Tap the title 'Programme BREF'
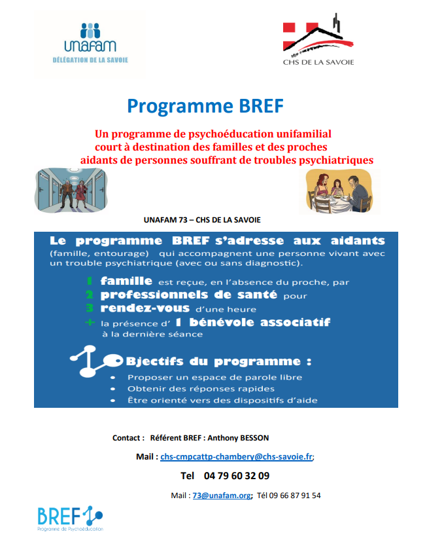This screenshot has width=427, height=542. click(x=205, y=105)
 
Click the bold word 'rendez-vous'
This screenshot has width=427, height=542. click(x=145, y=308)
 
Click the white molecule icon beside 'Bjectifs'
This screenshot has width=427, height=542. click(x=94, y=361)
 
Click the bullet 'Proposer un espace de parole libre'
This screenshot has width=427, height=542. click(x=214, y=378)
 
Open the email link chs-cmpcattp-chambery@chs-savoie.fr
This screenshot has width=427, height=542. click(x=236, y=456)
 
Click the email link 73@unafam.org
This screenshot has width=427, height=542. click(x=221, y=496)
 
